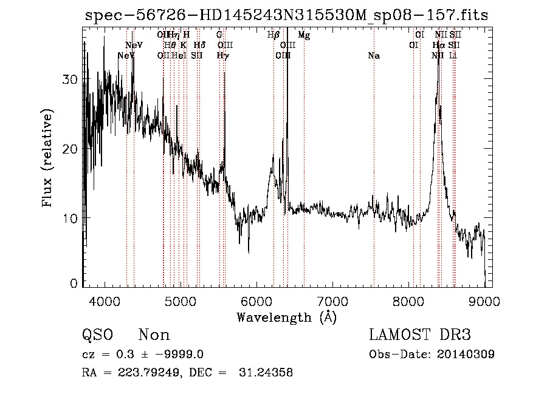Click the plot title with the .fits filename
click(286, 15)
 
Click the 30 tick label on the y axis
click(72, 80)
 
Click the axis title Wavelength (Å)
click(286, 317)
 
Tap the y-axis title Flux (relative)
click(47, 157)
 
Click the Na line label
click(374, 56)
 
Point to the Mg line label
click(304, 35)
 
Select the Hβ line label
click(273, 35)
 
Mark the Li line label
click(453, 56)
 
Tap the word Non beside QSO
click(154, 335)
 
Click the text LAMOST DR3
click(420, 335)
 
